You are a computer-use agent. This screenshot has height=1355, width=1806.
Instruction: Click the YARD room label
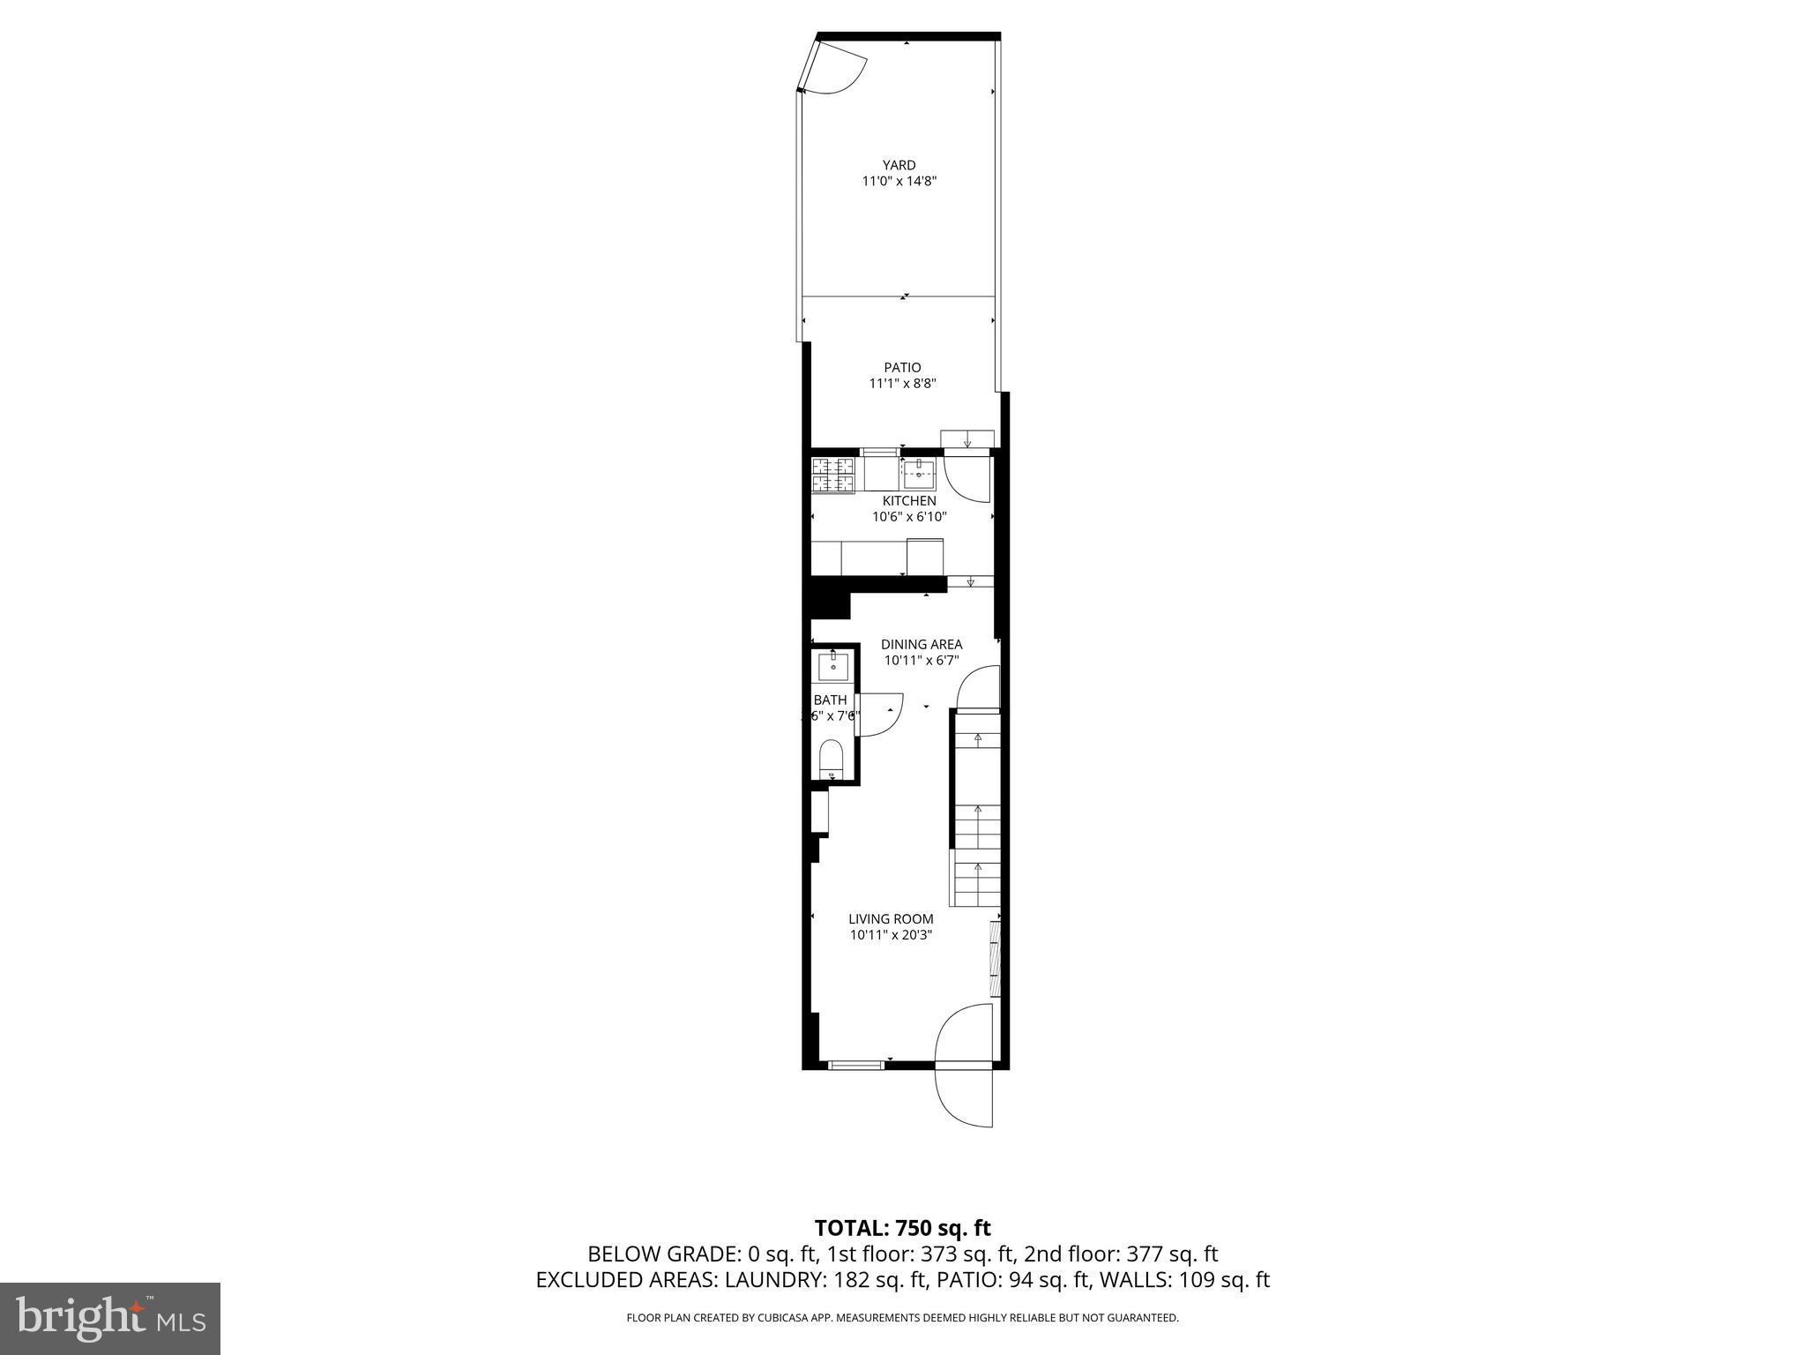(899, 165)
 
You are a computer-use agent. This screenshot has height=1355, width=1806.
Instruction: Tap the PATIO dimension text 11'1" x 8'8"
(902, 384)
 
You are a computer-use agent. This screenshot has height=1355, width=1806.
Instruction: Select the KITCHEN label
(909, 501)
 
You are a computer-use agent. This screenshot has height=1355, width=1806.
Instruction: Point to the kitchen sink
(919, 474)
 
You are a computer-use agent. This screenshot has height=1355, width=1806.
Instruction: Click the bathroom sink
(832, 667)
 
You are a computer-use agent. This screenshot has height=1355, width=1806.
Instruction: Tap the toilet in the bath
(832, 758)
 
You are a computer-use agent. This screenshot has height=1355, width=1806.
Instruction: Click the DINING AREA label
(922, 644)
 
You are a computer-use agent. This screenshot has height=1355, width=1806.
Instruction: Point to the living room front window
(855, 1066)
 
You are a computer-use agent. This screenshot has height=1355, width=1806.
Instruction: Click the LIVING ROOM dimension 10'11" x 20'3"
(891, 935)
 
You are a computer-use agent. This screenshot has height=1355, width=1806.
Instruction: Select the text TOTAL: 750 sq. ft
(902, 1228)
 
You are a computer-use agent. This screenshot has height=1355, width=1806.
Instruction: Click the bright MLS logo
(110, 1318)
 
